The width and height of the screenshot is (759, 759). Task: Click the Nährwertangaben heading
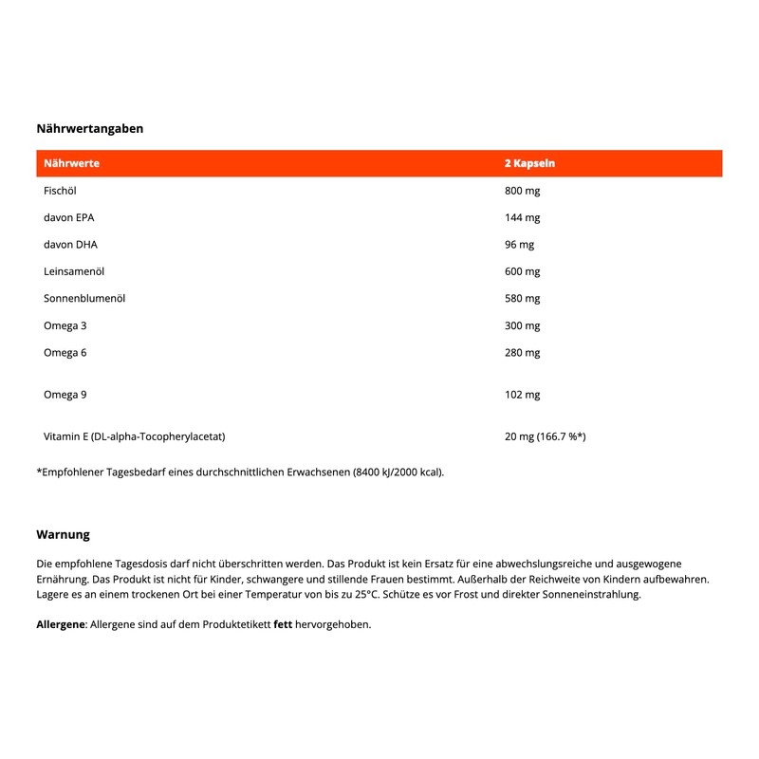click(89, 128)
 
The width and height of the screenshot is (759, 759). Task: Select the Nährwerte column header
click(71, 163)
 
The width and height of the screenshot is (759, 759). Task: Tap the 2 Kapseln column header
click(529, 163)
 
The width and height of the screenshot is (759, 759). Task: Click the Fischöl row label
click(60, 191)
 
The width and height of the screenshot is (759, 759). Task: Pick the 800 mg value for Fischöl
click(522, 191)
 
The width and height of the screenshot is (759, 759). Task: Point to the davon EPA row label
click(69, 217)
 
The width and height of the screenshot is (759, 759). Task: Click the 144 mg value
click(522, 217)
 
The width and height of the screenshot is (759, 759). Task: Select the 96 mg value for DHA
click(519, 244)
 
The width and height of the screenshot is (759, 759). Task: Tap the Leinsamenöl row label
click(73, 271)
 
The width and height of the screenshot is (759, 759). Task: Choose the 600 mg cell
click(522, 271)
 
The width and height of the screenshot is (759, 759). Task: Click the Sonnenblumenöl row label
click(84, 298)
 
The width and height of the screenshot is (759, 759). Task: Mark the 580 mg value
click(522, 298)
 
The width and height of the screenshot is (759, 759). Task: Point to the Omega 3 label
click(65, 325)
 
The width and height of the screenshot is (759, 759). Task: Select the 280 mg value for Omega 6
click(522, 353)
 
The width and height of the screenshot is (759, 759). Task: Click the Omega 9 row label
click(65, 394)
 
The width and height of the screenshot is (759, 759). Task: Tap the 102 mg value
click(522, 394)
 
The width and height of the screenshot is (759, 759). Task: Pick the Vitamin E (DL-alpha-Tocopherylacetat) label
click(134, 436)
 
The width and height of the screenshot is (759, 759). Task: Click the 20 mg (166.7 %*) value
click(545, 436)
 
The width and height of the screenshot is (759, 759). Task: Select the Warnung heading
click(63, 535)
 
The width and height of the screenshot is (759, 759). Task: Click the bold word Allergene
click(61, 624)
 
